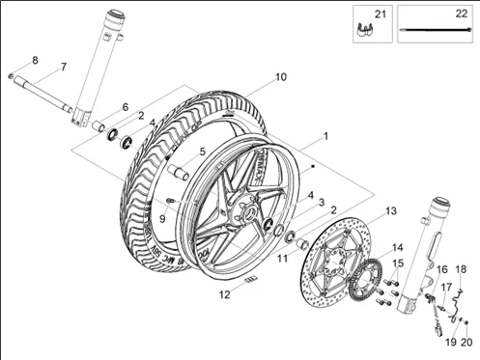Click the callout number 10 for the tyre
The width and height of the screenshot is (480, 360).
(x=280, y=76)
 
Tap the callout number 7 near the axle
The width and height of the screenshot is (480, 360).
(x=63, y=67)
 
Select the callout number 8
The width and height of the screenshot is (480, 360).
(x=35, y=60)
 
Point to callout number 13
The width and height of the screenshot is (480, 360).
(x=391, y=210)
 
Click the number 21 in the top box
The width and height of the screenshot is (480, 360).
(x=380, y=14)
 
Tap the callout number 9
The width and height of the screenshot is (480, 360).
(x=162, y=218)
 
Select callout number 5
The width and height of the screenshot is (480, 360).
(x=202, y=152)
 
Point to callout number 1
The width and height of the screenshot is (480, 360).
(x=325, y=136)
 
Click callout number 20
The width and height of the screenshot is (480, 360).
(x=467, y=341)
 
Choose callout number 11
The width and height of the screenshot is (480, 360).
(x=283, y=259)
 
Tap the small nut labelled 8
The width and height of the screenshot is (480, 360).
(x=11, y=75)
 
